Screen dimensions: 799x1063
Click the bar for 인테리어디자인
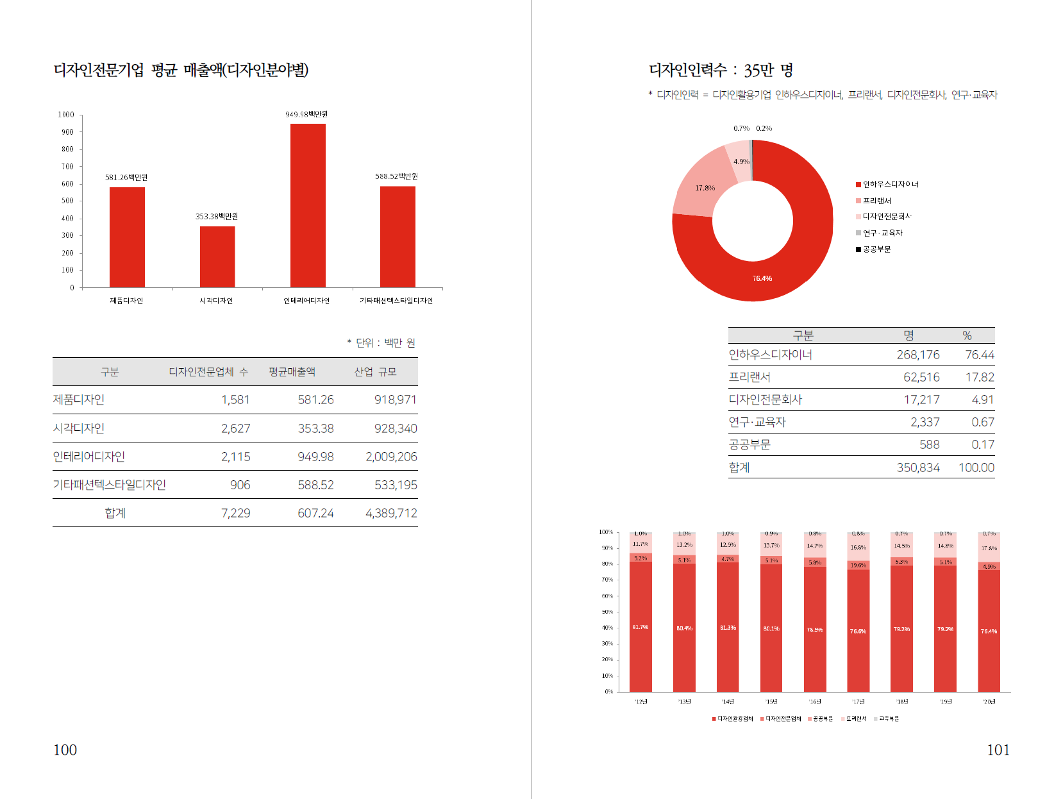click(308, 205)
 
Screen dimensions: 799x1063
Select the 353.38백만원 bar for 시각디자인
click(217, 257)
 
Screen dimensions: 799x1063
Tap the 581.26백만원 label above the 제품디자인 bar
click(126, 178)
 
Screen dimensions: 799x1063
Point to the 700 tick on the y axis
click(67, 167)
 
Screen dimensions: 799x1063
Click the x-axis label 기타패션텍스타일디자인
click(396, 301)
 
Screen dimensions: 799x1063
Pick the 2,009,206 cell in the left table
click(391, 457)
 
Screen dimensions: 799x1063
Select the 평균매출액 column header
click(292, 372)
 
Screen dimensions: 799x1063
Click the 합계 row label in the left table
click(115, 513)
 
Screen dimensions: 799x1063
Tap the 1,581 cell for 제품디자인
click(235, 399)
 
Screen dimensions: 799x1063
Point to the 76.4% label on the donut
click(762, 278)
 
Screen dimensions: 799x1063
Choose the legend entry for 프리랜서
click(876, 201)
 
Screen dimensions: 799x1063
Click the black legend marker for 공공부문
click(858, 249)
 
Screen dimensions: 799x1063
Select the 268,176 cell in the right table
click(918, 355)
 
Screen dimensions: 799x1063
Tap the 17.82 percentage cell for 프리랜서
click(980, 377)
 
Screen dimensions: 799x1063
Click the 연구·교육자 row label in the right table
click(757, 422)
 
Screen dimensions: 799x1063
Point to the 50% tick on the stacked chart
click(607, 612)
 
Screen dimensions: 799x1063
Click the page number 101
click(998, 750)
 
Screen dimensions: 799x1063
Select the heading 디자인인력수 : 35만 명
click(721, 70)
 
